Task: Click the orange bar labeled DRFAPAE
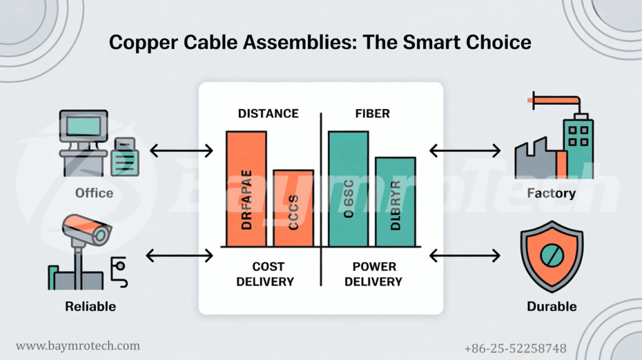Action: point(246,189)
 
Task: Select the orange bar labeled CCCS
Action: point(293,208)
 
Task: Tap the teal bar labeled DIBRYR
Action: point(395,201)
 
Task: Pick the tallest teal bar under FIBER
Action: point(348,189)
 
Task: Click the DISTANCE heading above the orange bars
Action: point(268,114)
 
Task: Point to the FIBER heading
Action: point(372,114)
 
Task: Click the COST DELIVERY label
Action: point(265,274)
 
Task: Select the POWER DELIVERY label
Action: point(374,274)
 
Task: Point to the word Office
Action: point(94,193)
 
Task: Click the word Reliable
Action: point(90,307)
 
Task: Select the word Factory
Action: point(551,193)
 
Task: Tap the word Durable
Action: point(552,307)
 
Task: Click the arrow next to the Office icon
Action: point(182,151)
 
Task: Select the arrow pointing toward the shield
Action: point(465,256)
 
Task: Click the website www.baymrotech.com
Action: point(78,346)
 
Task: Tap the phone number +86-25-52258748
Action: point(515,348)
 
